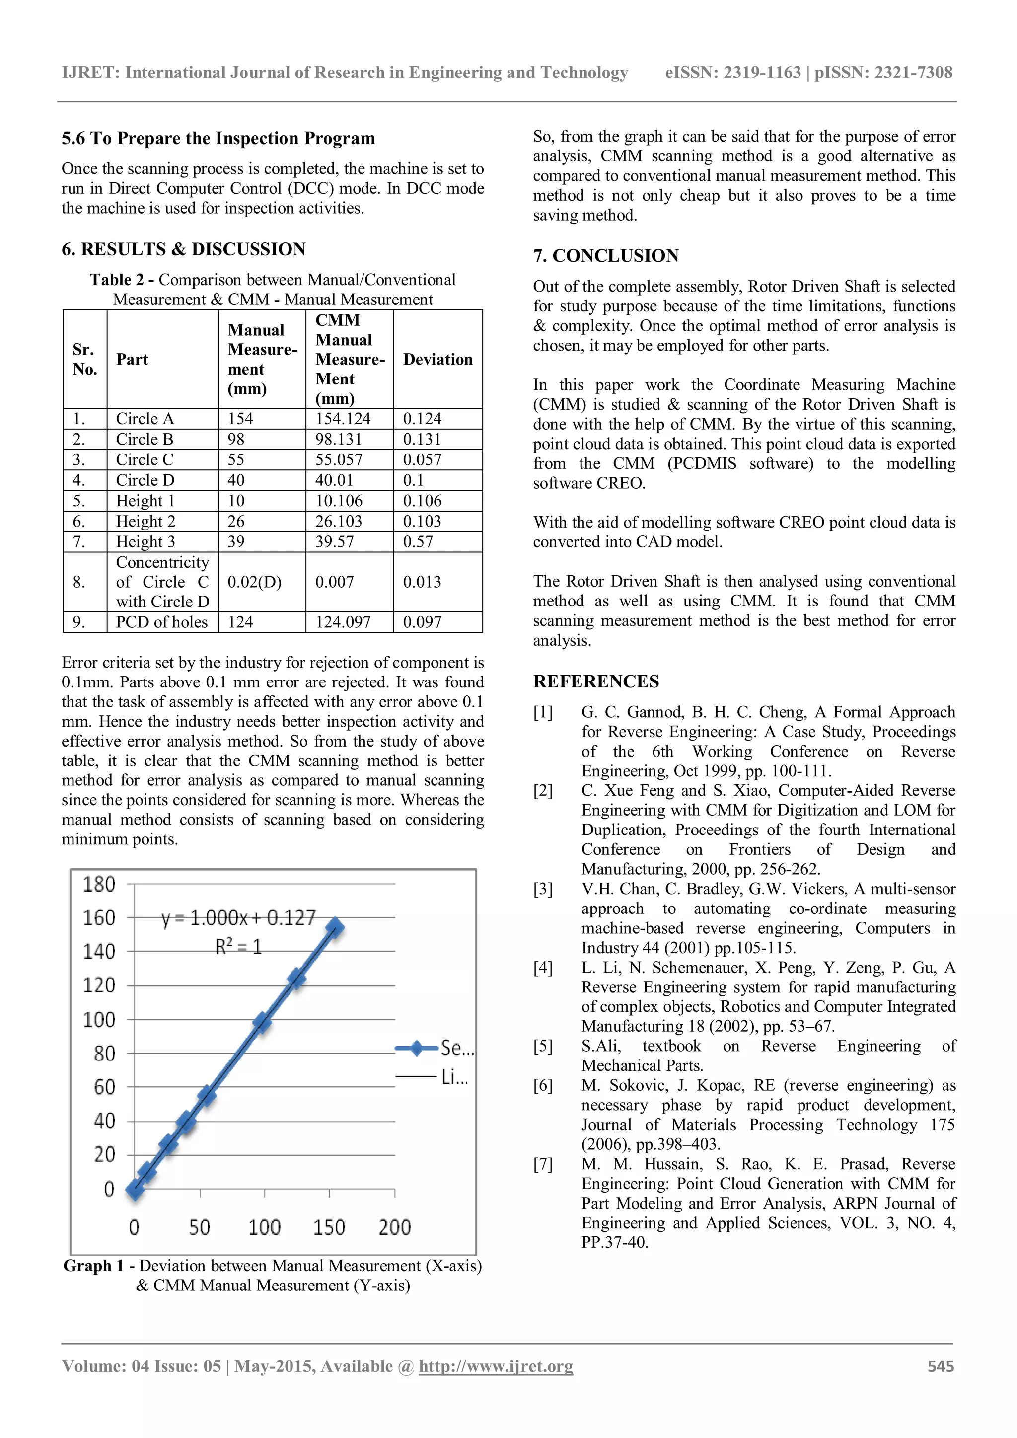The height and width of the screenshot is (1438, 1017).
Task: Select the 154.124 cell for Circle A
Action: point(343,418)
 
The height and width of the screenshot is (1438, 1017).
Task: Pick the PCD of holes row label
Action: point(161,622)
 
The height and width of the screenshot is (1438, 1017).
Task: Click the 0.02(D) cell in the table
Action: point(254,582)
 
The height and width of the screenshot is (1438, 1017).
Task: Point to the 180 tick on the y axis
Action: point(100,884)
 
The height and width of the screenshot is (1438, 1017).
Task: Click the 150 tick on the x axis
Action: point(329,1227)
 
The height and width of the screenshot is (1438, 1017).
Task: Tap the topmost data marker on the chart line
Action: point(335,927)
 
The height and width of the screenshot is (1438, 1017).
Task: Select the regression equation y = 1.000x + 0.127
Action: point(238,918)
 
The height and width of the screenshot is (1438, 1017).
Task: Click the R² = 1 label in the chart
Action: point(238,946)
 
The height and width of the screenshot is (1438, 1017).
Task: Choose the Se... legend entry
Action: point(434,1048)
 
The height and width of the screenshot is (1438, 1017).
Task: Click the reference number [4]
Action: point(542,968)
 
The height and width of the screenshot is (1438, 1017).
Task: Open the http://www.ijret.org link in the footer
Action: point(496,1366)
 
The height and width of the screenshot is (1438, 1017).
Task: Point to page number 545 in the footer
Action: point(941,1366)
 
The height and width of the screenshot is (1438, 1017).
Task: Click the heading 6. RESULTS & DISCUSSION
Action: point(183,249)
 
